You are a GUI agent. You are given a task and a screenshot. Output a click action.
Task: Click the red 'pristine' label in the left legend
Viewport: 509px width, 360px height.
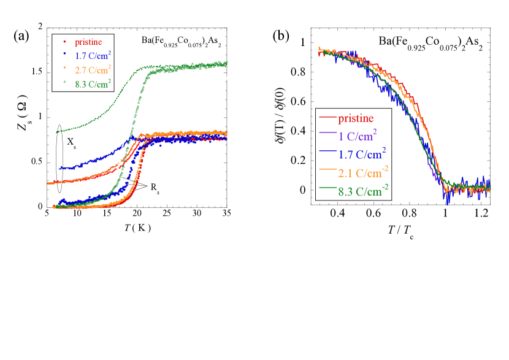coord(88,42)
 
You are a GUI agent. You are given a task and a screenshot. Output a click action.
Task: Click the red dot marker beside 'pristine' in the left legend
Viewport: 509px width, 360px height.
coord(64,42)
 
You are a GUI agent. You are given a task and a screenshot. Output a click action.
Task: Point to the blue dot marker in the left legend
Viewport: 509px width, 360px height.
coord(64,55)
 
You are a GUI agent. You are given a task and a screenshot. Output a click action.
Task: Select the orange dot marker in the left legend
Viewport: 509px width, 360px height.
coord(64,69)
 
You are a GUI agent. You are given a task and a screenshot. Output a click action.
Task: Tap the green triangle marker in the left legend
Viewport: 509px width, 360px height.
coord(64,82)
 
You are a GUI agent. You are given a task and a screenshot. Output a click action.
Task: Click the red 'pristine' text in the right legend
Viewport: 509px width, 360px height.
coord(355,118)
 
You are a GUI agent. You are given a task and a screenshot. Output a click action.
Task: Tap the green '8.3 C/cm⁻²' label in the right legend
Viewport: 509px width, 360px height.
coord(364,191)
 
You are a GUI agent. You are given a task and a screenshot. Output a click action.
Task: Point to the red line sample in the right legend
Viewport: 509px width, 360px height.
coord(327,117)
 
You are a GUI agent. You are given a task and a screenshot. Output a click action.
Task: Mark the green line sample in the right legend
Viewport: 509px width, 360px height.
coord(327,190)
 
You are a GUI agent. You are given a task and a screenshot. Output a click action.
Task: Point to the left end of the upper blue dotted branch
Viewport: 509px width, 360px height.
coord(60,167)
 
